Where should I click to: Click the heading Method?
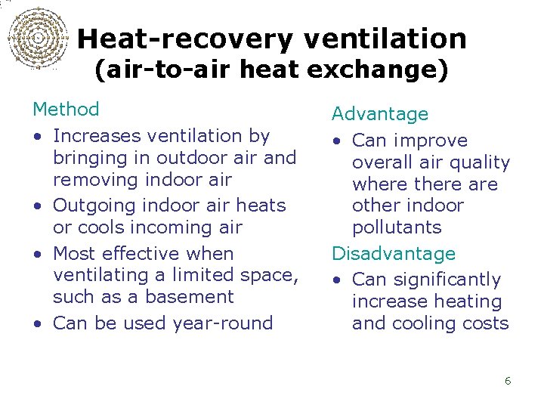(x=66, y=110)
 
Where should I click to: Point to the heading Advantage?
(x=380, y=114)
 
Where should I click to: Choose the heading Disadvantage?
(x=394, y=253)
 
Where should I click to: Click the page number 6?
(x=508, y=381)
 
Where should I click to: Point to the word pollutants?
(x=397, y=227)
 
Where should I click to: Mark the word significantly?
(x=445, y=280)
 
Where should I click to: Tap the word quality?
(x=481, y=162)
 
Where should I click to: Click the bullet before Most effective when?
(x=37, y=255)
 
